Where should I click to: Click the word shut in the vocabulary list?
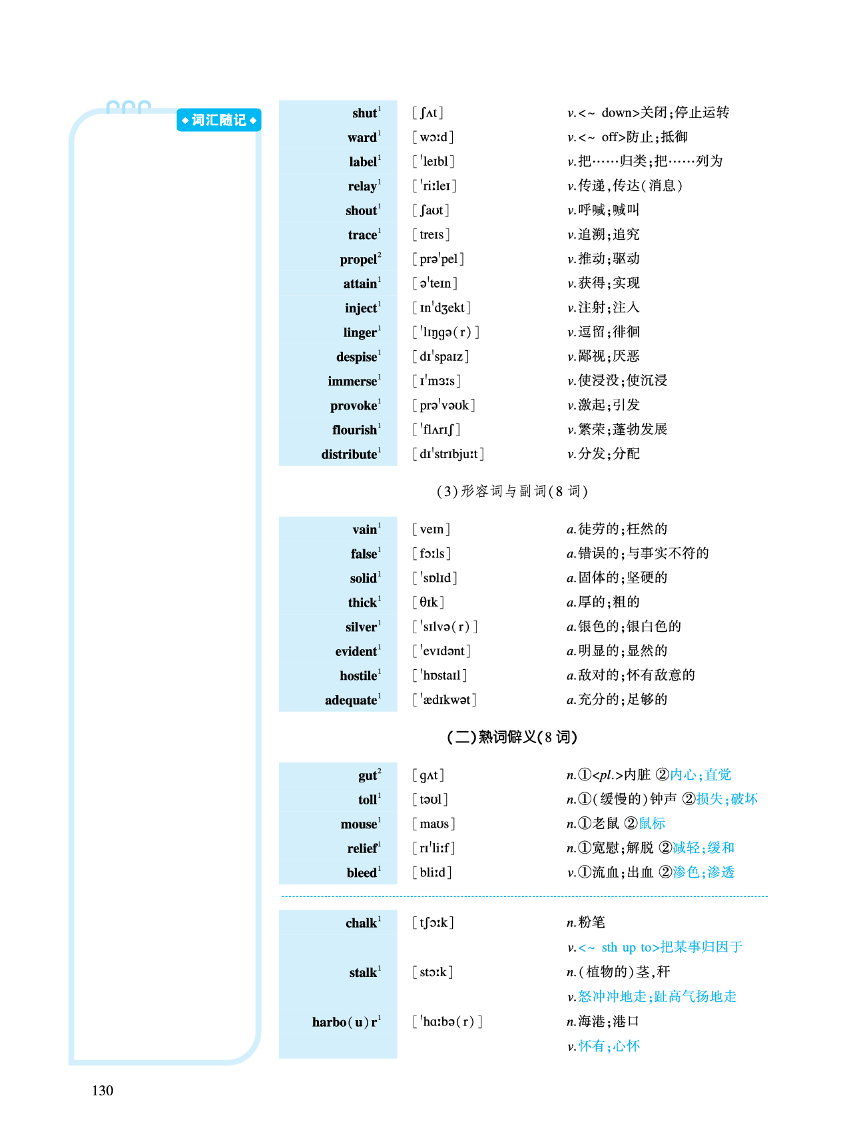(x=365, y=113)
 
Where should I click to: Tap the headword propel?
(x=359, y=260)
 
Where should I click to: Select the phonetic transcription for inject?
(x=441, y=308)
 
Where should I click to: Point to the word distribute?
(x=350, y=455)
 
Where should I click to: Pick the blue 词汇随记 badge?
(x=218, y=121)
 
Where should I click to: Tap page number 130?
(x=103, y=1090)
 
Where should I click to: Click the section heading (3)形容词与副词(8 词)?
(x=511, y=491)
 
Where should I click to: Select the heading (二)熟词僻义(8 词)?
(x=511, y=737)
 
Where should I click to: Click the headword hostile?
(x=359, y=676)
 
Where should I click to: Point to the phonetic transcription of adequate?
(x=445, y=700)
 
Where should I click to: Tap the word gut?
(x=368, y=776)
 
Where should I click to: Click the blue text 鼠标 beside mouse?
(x=652, y=824)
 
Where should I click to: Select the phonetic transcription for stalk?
(x=433, y=972)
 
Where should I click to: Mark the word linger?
(x=360, y=332)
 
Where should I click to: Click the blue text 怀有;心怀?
(x=609, y=1046)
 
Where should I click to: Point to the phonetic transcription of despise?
(x=441, y=357)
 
